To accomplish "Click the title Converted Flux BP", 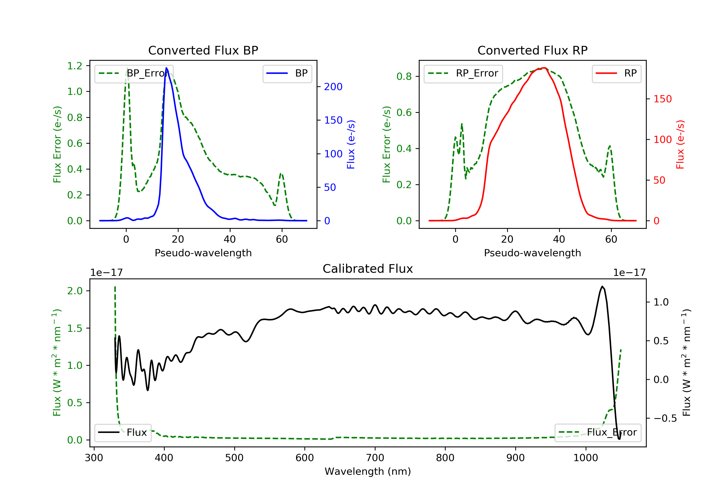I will click(203, 50).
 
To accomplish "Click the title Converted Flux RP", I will click(532, 50).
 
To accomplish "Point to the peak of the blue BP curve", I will click(166, 68).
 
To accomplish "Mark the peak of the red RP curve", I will click(544, 68).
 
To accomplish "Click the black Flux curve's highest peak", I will click(602, 286).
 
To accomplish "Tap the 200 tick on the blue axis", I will click(333, 87).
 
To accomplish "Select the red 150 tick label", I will click(662, 99).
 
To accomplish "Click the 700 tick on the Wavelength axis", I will click(375, 458).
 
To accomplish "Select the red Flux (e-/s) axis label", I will click(680, 144).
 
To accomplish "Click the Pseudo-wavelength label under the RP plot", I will click(532, 253).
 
